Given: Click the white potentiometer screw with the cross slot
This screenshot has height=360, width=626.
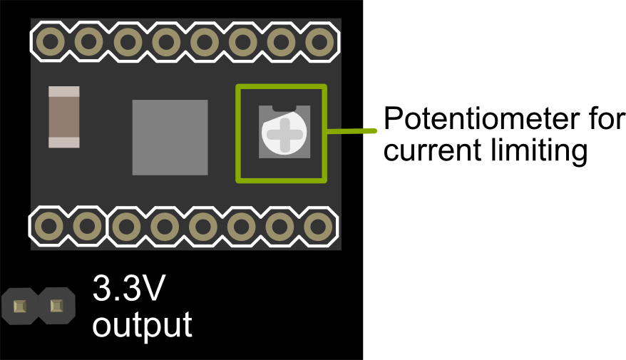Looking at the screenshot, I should click(x=284, y=134).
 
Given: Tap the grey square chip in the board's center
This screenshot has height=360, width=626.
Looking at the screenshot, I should click(x=170, y=137).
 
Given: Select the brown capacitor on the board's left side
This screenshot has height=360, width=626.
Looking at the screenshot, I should click(x=64, y=117).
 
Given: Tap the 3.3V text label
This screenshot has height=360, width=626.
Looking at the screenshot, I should click(x=129, y=291).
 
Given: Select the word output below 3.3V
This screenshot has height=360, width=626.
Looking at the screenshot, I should click(x=142, y=325).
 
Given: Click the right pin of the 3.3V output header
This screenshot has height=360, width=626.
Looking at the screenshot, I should click(x=56, y=307).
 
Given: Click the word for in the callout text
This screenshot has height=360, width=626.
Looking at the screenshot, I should click(x=607, y=119).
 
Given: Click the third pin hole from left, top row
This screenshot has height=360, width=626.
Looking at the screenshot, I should click(x=126, y=41).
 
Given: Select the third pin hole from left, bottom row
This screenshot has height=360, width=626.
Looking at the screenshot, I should click(x=126, y=227).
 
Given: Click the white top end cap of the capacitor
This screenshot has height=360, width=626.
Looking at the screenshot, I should click(x=64, y=91).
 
